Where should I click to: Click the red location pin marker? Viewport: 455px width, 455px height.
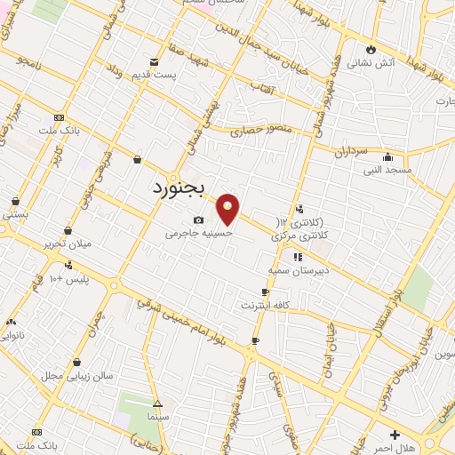click(x=229, y=209)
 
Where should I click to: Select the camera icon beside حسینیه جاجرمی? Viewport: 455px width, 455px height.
click(x=197, y=220)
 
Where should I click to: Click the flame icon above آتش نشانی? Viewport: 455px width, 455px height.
click(x=371, y=49)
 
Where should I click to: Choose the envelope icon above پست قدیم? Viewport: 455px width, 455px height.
click(x=155, y=61)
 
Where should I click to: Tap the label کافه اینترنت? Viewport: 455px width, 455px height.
click(x=265, y=305)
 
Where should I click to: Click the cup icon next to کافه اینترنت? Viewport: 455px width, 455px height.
click(x=265, y=291)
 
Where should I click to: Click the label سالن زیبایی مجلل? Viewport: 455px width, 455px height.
click(x=76, y=376)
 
